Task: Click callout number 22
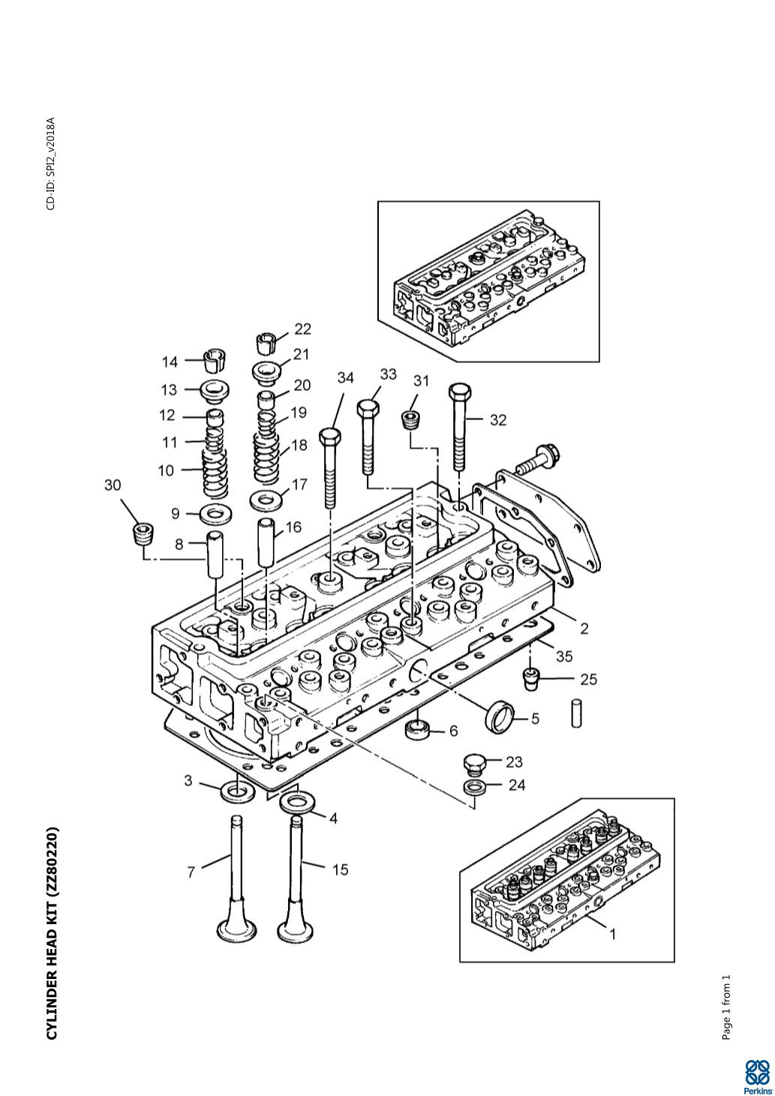(302, 329)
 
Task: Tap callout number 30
(113, 485)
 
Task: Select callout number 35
(564, 656)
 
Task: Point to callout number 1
(612, 935)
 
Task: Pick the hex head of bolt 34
(331, 436)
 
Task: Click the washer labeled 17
(266, 500)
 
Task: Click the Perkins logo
(756, 1072)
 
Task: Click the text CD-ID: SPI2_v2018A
(51, 164)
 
